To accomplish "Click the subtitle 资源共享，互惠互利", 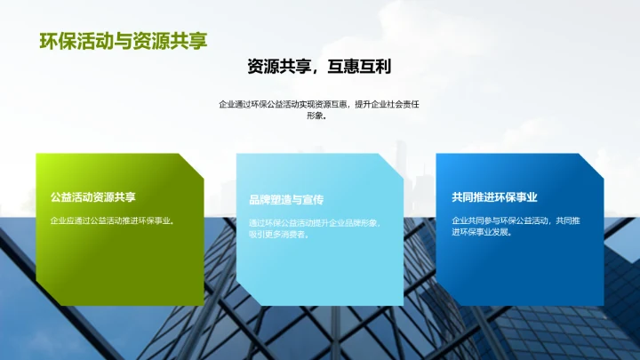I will [319, 67].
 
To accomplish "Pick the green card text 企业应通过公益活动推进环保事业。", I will [111, 220].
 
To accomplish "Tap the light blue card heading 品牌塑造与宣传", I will [286, 200].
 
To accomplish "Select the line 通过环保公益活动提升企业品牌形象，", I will [316, 222].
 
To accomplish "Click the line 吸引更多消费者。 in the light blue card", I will [279, 235].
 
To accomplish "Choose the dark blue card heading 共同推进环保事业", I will [494, 197].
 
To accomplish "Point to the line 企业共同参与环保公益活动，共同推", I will [516, 220].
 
